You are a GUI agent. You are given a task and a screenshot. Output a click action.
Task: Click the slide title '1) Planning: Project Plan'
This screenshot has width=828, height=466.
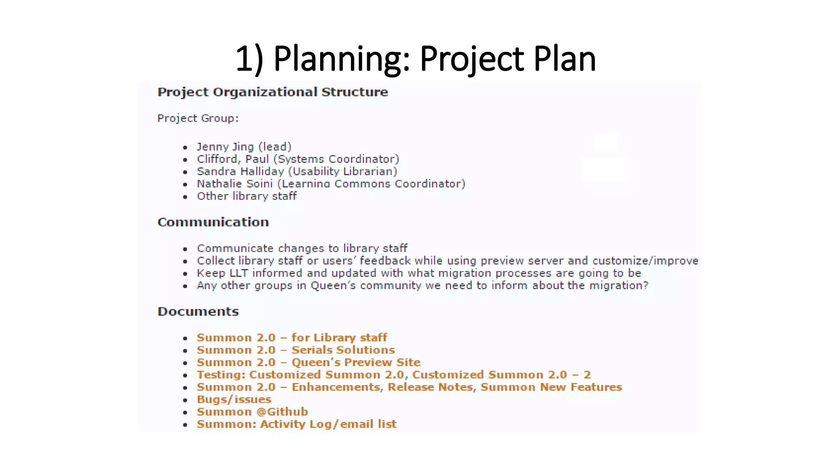point(416,59)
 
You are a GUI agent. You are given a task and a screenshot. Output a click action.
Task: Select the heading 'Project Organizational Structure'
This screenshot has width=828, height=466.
point(272,92)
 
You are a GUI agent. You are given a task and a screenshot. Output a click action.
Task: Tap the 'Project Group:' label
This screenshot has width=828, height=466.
point(198,119)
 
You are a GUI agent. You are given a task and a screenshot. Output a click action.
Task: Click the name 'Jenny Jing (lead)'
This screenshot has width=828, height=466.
point(244,147)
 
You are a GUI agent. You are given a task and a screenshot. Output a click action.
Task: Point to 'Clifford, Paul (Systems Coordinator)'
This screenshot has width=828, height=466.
point(298,159)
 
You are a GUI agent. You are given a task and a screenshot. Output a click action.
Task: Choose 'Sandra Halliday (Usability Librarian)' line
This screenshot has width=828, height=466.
point(297,172)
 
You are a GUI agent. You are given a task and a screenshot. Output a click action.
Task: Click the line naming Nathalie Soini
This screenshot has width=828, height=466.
point(331,184)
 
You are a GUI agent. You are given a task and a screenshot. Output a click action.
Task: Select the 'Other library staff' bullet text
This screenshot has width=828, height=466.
point(247,196)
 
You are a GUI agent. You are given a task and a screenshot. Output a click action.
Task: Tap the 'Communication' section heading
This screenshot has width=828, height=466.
point(213,222)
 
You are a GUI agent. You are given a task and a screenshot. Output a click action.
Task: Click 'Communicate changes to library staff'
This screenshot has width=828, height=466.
point(302,248)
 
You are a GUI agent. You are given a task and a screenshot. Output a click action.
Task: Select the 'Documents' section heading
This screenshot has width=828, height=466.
point(198,311)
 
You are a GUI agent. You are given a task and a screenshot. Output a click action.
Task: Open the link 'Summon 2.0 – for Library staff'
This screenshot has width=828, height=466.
point(291,338)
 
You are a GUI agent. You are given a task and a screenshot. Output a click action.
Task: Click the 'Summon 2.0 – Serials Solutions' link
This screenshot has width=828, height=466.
point(296,350)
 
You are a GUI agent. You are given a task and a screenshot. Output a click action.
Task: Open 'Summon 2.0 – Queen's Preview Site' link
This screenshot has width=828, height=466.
point(308,362)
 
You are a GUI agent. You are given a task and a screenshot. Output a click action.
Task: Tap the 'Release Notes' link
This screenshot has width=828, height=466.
point(430,388)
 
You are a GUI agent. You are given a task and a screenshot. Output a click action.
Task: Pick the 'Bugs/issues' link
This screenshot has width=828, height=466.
point(234,400)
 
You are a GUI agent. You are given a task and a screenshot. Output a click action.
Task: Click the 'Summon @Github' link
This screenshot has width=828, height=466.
point(252,412)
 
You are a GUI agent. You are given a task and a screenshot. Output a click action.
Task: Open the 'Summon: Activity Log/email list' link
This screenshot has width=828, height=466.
point(296,424)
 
